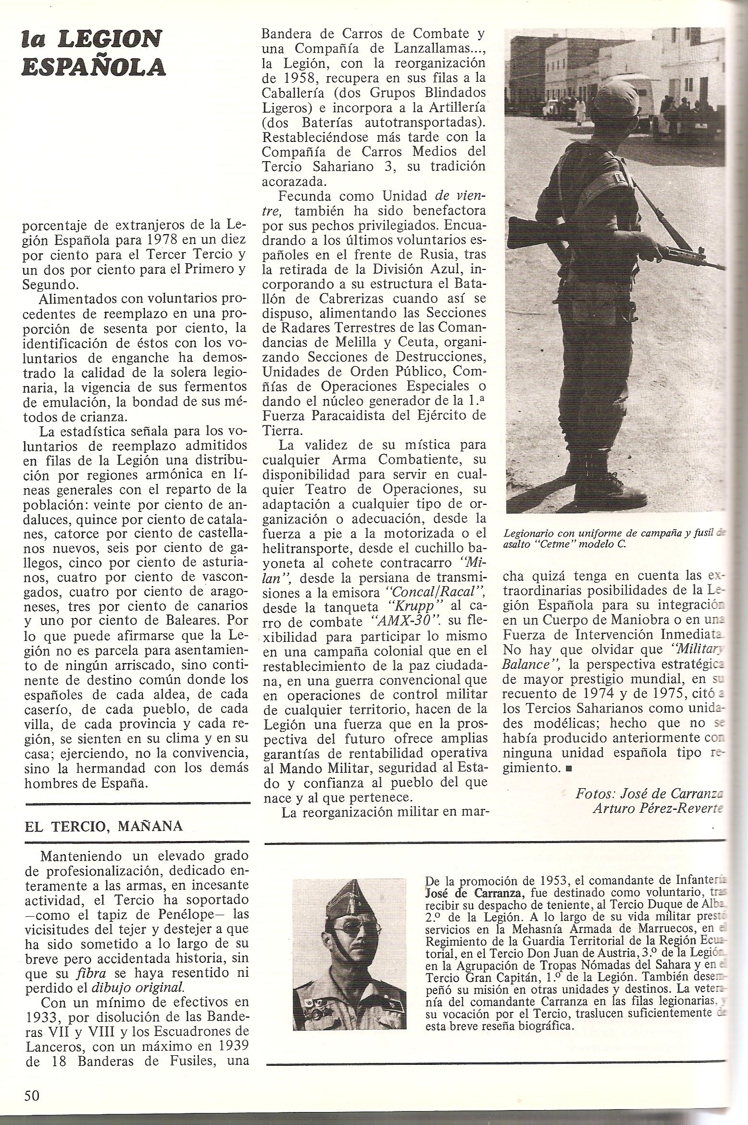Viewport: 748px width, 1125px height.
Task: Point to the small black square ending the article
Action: tap(569, 768)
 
